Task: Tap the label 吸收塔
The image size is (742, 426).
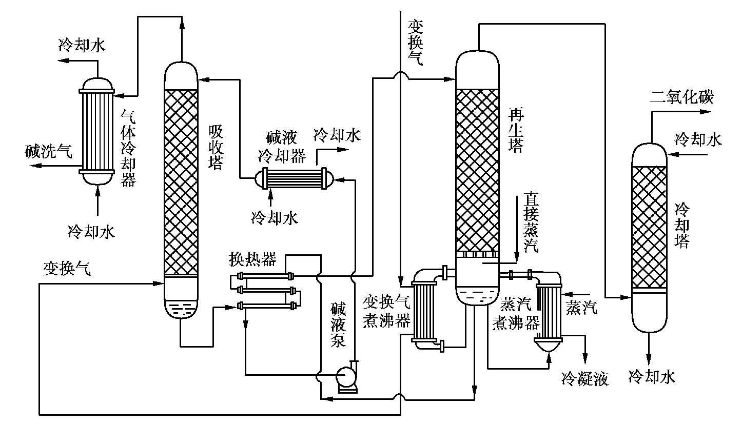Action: (216, 148)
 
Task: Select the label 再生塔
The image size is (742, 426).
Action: (515, 130)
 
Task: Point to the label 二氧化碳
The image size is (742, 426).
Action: (681, 97)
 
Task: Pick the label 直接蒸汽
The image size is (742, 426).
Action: (531, 222)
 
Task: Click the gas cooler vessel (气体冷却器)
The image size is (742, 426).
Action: (97, 131)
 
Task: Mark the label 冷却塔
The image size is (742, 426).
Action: (682, 226)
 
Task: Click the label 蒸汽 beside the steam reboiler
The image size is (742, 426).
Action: (581, 308)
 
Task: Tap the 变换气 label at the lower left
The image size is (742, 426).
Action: (67, 269)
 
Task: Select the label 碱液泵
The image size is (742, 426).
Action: (338, 325)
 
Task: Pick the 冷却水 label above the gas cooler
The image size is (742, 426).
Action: (82, 45)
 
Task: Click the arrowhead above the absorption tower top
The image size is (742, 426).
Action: (181, 23)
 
